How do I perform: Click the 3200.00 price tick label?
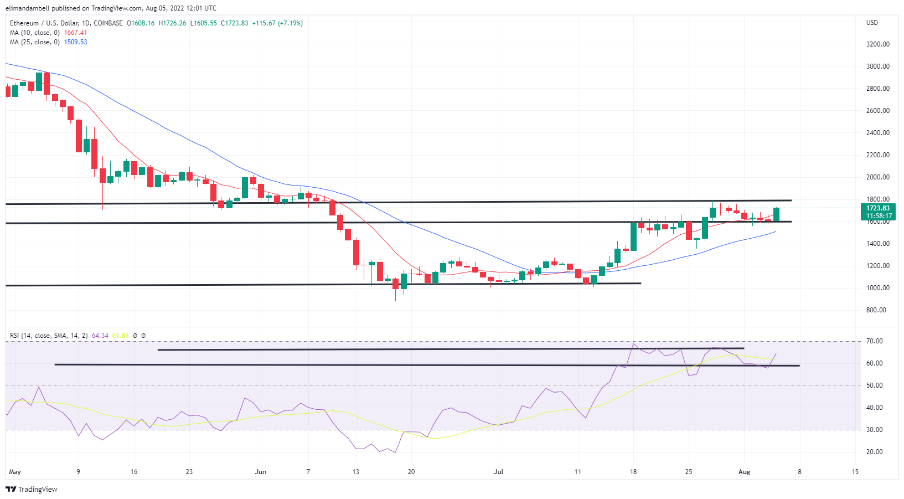click(x=877, y=44)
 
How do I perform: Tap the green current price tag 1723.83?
click(x=878, y=208)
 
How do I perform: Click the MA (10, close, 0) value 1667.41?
click(x=75, y=33)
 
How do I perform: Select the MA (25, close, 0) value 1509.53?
click(x=75, y=42)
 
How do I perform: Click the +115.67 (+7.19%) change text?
click(x=277, y=23)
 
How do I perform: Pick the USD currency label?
click(x=872, y=23)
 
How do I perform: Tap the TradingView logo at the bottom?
click(x=32, y=489)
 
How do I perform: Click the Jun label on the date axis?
click(x=261, y=472)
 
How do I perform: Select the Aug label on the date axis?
click(x=745, y=472)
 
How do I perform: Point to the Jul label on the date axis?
click(x=499, y=472)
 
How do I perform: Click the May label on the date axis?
click(x=15, y=472)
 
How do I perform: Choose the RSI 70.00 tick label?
click(x=875, y=341)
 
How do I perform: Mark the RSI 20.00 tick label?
click(x=875, y=452)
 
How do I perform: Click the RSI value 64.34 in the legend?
click(x=100, y=336)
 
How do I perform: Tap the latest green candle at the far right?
click(x=777, y=215)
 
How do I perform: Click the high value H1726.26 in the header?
click(x=172, y=23)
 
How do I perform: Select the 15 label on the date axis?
click(x=855, y=472)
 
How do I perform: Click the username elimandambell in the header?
click(x=27, y=8)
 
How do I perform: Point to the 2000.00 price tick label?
click(x=877, y=177)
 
